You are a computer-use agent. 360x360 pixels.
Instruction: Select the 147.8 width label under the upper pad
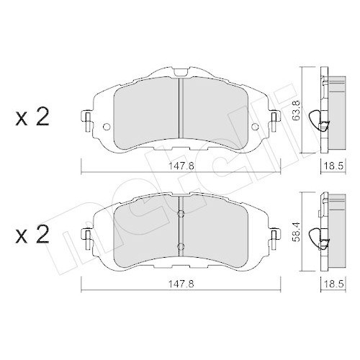(x=181, y=166)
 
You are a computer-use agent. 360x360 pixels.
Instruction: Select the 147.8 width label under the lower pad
(x=181, y=284)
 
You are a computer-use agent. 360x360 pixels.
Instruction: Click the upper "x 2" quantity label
(x=32, y=117)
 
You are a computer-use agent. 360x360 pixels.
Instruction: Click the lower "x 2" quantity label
(x=32, y=235)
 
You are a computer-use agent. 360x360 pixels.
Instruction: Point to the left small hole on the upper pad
(x=107, y=127)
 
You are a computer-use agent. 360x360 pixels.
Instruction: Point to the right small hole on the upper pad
(x=255, y=127)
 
